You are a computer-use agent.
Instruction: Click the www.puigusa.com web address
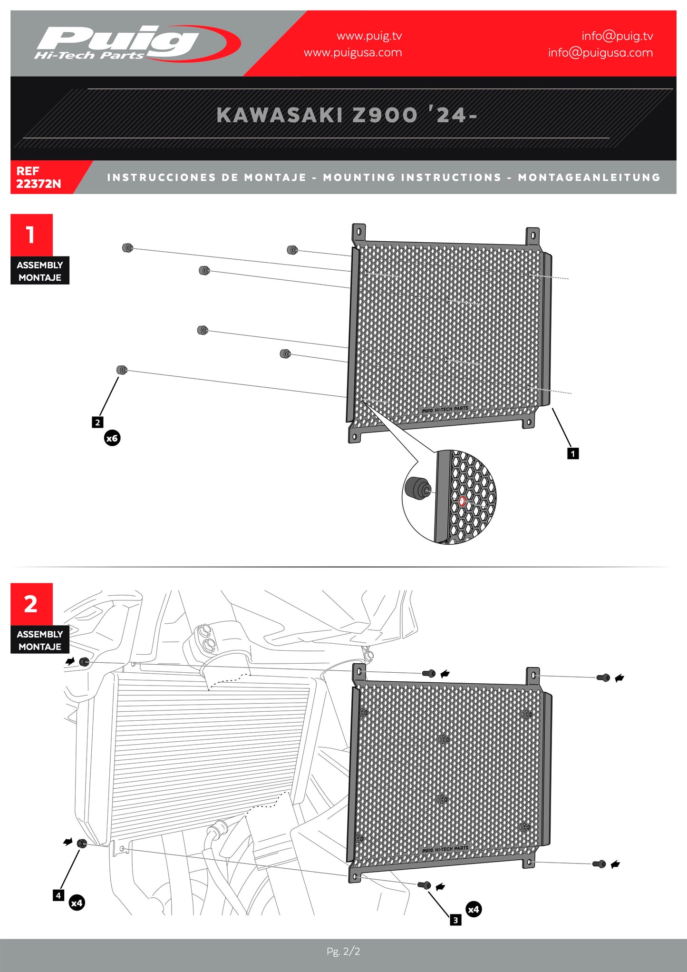tap(353, 53)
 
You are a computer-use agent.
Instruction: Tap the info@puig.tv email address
tap(617, 36)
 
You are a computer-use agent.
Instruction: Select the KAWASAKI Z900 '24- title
tap(347, 115)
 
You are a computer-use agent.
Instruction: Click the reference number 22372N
tap(39, 184)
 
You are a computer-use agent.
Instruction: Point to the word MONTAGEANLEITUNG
tap(589, 177)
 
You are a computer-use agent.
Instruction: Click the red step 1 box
tap(31, 235)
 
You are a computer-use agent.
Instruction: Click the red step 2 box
tap(31, 604)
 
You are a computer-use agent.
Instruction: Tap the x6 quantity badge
tap(112, 438)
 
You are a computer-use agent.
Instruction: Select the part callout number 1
tap(573, 453)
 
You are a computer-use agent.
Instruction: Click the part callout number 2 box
tap(97, 422)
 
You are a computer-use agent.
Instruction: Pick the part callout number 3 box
tap(455, 920)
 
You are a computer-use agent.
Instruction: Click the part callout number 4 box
tap(58, 895)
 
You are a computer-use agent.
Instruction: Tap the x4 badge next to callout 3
tap(474, 910)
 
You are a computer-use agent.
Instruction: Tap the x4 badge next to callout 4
tap(77, 903)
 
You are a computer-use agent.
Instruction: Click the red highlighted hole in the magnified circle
tap(462, 501)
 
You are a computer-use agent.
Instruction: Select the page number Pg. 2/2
tap(343, 952)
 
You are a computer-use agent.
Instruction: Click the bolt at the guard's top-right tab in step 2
tap(603, 677)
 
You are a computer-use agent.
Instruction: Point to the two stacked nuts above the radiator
tap(207, 638)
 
